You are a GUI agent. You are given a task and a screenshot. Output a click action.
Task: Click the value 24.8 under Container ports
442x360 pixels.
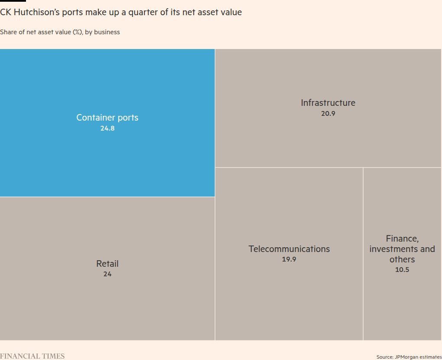pos(107,128)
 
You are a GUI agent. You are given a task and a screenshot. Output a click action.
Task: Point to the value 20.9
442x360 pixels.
pos(328,114)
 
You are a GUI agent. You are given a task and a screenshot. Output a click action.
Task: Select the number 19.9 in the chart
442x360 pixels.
pos(289,259)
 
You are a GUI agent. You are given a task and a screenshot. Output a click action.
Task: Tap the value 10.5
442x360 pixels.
pos(402,270)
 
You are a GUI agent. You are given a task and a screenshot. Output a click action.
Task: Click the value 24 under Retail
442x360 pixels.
pos(107,274)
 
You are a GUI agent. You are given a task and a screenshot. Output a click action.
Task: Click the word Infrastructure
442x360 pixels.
pos(328,103)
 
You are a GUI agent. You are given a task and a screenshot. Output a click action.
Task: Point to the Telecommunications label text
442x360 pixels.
pos(289,249)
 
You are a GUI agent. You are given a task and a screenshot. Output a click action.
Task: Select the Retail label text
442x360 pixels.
pos(107,264)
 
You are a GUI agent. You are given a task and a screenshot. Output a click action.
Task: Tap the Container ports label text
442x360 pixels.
pos(107,118)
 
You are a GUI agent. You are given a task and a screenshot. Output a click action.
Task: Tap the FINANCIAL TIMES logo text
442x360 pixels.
pos(32,356)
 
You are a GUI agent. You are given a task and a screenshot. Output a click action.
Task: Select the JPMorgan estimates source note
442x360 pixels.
pos(409,357)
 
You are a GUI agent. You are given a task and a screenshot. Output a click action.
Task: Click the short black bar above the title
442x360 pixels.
pos(13,1)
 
